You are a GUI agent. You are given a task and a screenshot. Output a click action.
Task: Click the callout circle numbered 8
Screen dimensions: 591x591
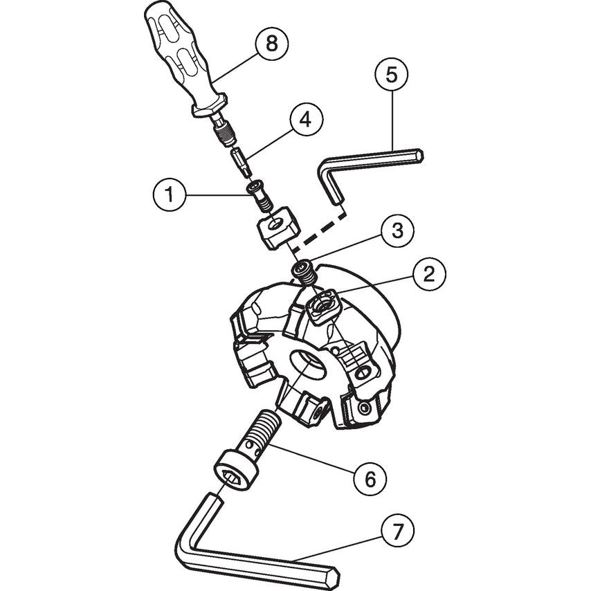[x=271, y=44]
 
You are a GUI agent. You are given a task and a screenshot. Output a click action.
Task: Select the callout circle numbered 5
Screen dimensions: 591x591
[x=392, y=75]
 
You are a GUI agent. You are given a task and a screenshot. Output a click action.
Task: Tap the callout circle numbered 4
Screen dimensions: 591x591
[x=306, y=120]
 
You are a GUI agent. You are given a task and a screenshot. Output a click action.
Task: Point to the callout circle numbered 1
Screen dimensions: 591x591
[x=170, y=195]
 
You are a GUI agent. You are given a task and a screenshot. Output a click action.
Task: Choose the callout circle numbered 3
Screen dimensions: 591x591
[x=397, y=230]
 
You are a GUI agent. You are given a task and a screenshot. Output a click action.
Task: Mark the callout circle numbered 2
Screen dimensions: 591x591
[x=429, y=273]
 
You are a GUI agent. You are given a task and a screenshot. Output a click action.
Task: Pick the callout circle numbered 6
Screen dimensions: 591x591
[x=370, y=478]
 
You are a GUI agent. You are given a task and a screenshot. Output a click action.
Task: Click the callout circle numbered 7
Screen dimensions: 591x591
[x=397, y=531]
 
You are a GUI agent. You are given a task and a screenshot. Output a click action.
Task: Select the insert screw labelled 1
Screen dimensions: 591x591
[x=260, y=197]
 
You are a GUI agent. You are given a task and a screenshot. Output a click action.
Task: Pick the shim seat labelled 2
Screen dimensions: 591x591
[x=323, y=306]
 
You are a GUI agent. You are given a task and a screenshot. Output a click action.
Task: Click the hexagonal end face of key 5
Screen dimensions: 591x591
[x=419, y=155]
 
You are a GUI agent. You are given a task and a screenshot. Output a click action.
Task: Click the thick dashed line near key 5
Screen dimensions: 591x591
[x=320, y=230]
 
